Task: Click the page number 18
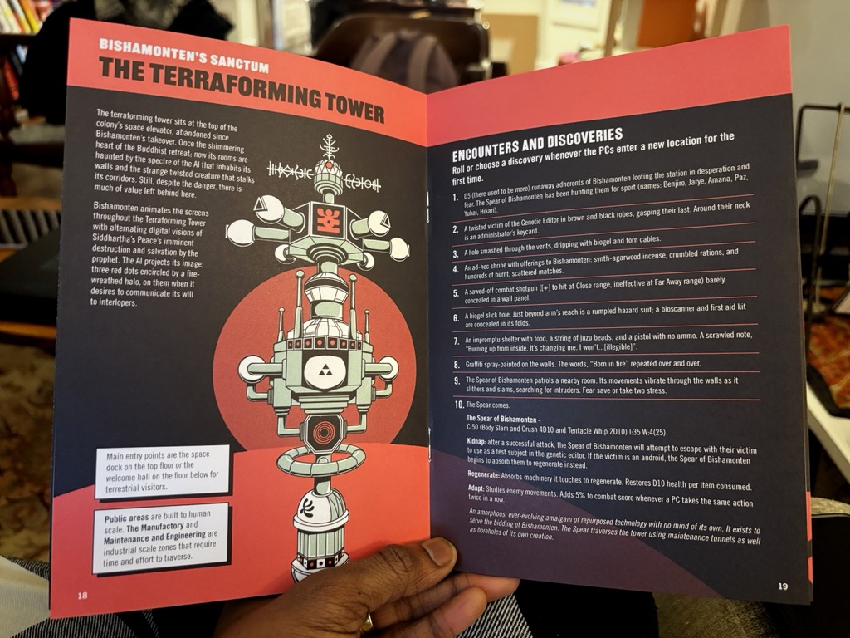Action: click(82, 595)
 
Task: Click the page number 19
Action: click(783, 586)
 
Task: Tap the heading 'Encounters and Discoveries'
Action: click(537, 145)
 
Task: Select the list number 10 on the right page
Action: click(458, 405)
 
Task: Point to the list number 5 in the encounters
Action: click(456, 293)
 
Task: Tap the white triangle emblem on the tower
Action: click(325, 371)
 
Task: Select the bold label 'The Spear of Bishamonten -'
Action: click(503, 420)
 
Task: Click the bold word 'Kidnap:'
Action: click(476, 442)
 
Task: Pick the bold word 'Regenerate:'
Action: click(484, 474)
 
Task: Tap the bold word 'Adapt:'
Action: click(476, 488)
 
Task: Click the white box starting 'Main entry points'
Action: click(162, 471)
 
